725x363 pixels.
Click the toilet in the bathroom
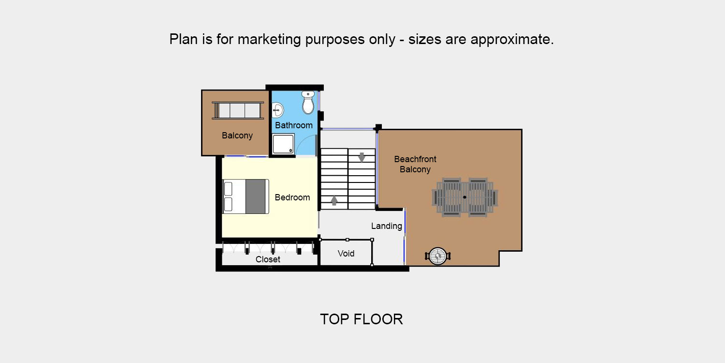[x=308, y=103]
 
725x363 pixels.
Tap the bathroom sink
[x=277, y=109]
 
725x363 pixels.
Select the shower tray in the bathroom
[x=283, y=144]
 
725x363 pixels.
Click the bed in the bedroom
[x=246, y=197]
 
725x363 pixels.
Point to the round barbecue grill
[x=437, y=257]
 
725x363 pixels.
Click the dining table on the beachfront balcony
[x=465, y=197]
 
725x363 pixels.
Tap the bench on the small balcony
[x=238, y=110]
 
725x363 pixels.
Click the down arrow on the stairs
[x=362, y=157]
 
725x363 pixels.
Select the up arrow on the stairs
[x=334, y=201]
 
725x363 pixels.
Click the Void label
[x=346, y=254]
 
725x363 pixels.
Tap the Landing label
[x=387, y=226]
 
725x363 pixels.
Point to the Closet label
[x=268, y=259]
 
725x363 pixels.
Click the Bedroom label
[x=292, y=197]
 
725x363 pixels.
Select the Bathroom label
[x=294, y=125]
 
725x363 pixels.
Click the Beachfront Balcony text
[x=415, y=165]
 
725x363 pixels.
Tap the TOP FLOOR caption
[x=362, y=319]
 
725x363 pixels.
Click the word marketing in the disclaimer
[x=269, y=40]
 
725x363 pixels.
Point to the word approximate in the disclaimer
[x=512, y=40]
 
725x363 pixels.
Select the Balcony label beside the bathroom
[x=237, y=136]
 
